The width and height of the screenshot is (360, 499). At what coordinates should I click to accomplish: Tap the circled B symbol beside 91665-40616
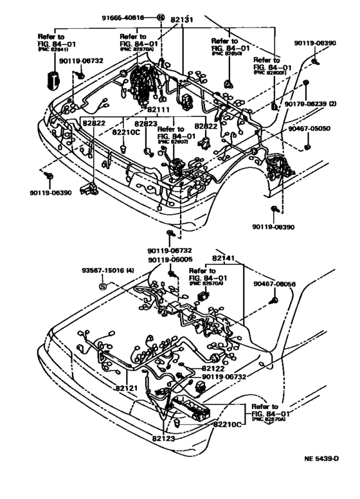[161, 18]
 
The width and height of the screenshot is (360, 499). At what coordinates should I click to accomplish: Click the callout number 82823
[147, 122]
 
